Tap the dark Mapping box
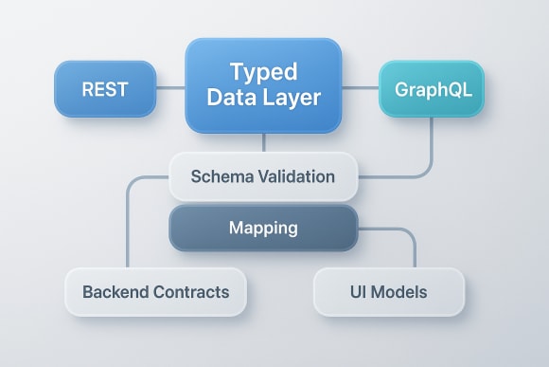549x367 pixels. coord(263,229)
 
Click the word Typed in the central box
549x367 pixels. coord(263,73)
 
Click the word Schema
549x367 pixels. coord(219,176)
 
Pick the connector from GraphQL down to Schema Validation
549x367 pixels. coord(433,152)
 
